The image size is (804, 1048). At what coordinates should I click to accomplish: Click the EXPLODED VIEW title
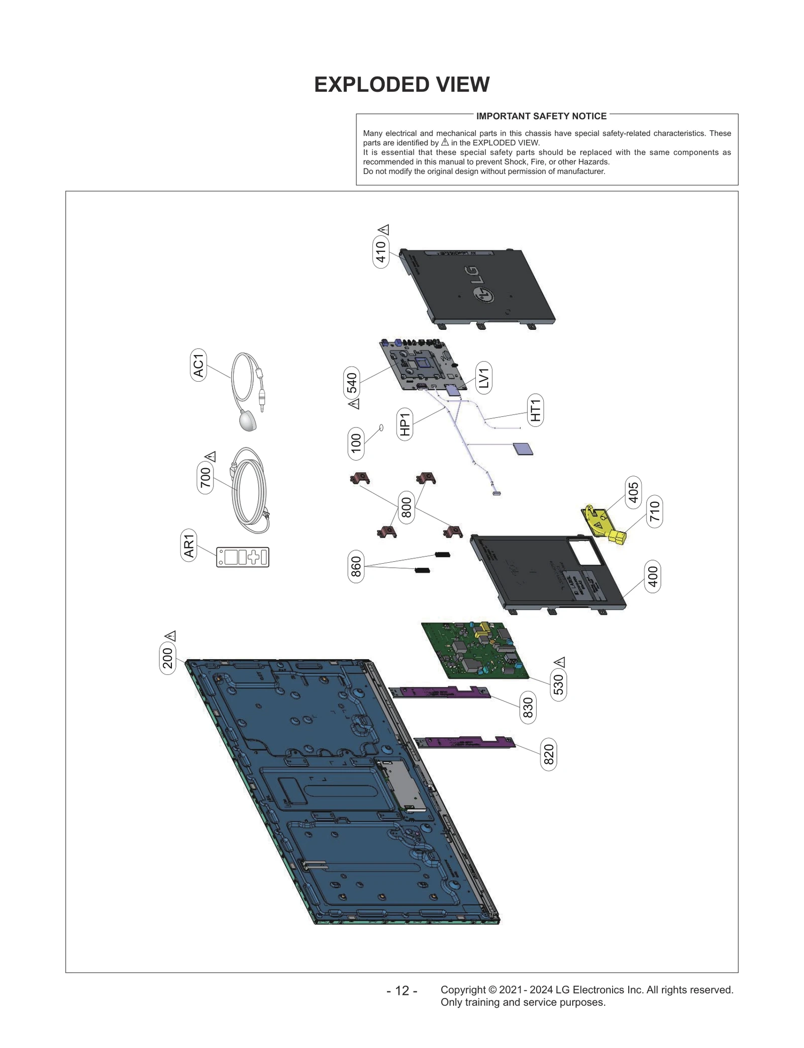point(401,84)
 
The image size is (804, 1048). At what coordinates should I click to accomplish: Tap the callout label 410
point(381,252)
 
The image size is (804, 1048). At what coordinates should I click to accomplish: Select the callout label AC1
point(198,365)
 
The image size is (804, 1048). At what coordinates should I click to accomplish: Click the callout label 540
point(352,383)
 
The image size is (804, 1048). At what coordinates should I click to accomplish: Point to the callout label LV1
point(483,378)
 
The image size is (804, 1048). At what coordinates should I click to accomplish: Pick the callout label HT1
point(535,410)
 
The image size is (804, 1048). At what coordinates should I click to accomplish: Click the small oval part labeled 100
point(381,428)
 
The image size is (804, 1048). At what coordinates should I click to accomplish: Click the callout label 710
point(654,511)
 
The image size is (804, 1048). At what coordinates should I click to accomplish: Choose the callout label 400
point(652,576)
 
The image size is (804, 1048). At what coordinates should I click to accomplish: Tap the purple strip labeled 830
point(440,693)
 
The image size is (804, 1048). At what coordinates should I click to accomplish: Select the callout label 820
point(549,754)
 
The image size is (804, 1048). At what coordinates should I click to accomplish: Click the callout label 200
point(168,658)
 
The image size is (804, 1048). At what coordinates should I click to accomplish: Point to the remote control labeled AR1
point(243,557)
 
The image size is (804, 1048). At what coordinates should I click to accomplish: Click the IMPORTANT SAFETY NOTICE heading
point(541,116)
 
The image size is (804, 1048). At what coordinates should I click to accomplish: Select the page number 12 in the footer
point(402,991)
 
